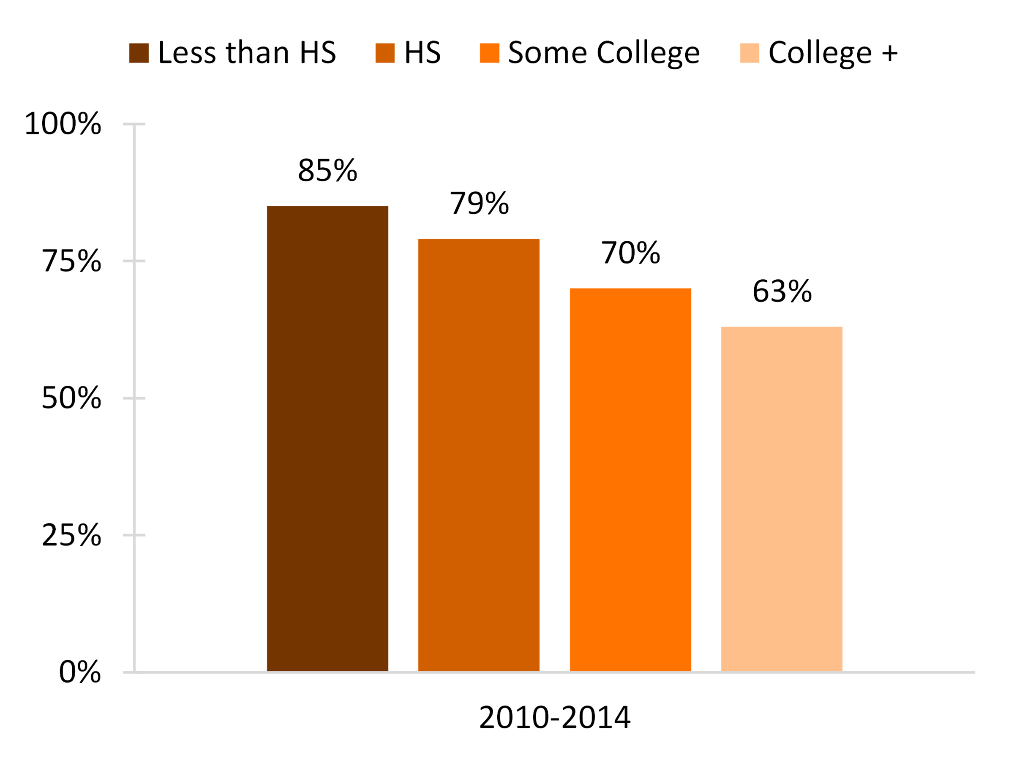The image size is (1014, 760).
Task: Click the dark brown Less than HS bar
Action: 327,439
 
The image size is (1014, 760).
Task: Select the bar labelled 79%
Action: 479,455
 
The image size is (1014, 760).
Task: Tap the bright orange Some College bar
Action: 630,480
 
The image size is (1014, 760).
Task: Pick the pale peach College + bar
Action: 782,499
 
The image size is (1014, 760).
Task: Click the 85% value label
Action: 327,171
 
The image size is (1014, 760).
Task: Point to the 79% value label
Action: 479,204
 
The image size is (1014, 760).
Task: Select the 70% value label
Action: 630,253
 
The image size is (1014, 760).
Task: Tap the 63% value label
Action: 782,291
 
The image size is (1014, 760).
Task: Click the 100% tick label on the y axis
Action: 63,124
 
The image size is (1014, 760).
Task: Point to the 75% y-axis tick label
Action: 71,261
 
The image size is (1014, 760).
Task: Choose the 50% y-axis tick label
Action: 71,398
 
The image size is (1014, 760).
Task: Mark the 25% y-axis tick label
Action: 71,535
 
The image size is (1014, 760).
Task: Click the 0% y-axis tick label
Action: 80,672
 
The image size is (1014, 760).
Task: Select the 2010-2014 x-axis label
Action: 555,718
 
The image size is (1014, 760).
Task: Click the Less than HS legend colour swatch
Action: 139,53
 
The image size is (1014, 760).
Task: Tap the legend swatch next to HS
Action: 385,53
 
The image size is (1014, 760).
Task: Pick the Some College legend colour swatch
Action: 489,53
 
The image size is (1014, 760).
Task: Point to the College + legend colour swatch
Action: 750,53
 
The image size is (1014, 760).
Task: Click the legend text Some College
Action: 604,53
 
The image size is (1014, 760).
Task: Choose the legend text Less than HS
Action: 247,53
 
